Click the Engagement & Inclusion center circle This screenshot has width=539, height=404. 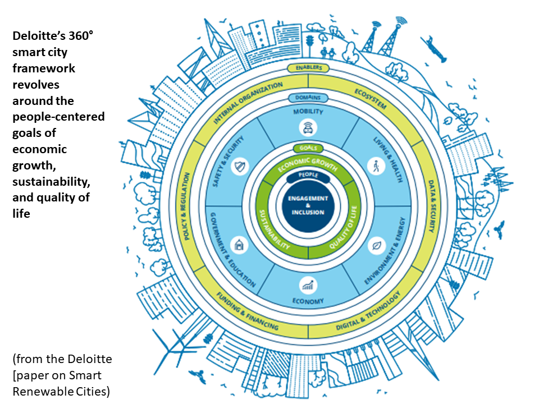point(308,205)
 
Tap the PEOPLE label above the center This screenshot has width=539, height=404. point(308,176)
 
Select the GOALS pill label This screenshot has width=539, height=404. point(308,149)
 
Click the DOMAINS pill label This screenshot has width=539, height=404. point(308,98)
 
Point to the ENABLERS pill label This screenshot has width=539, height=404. point(308,68)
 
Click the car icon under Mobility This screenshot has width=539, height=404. point(308,129)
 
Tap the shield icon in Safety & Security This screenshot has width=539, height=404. point(240,166)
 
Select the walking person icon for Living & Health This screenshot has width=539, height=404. point(374,166)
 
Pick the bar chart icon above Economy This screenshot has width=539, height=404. point(308,285)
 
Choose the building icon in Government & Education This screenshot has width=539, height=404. point(239,244)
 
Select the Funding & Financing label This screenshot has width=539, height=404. point(248,316)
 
